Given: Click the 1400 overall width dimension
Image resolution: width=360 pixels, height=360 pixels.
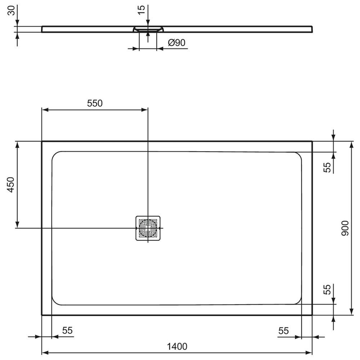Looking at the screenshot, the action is click(x=177, y=346).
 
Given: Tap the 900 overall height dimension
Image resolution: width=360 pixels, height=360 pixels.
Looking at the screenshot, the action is click(x=345, y=228).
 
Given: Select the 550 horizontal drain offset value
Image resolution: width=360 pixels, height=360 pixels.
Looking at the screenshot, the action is click(x=95, y=103).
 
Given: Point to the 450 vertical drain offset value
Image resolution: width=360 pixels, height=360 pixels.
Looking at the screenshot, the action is click(x=11, y=185).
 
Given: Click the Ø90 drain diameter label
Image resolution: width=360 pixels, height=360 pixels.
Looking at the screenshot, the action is click(x=176, y=43).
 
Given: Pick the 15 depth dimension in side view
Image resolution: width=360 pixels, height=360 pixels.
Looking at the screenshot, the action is click(x=141, y=10).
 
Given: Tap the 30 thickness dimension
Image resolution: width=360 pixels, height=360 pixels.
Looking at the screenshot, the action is click(x=11, y=10).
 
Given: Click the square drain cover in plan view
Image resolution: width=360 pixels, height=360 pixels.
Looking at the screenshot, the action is click(x=148, y=228).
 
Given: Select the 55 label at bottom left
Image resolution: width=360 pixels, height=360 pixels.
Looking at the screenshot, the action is click(x=68, y=330).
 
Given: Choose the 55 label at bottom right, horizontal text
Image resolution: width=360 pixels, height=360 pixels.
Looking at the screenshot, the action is click(x=284, y=331).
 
